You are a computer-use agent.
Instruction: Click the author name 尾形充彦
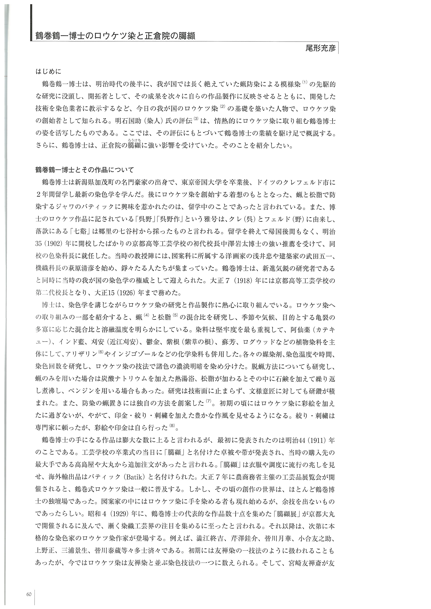pos(321,48)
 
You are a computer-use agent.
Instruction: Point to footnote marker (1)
pos(304,82)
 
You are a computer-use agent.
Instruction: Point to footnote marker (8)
pos(172,426)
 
